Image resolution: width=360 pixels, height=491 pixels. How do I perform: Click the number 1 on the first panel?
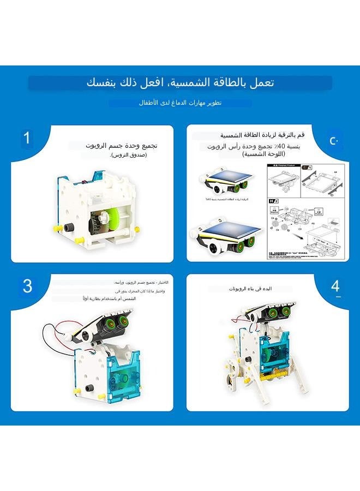pos(26,137)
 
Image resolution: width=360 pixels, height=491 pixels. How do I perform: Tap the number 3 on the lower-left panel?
pos(27,285)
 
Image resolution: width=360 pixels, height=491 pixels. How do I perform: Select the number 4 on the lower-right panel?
pos(335,286)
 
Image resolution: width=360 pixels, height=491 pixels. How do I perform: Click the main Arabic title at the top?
pos(180,83)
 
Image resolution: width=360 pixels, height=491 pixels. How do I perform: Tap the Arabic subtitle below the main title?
pos(179,103)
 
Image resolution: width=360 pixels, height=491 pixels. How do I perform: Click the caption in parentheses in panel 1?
pos(129,155)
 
